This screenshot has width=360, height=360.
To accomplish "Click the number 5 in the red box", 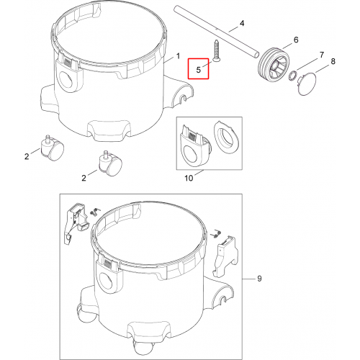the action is tap(198, 70).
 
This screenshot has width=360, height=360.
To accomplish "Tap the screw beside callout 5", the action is tap(216, 51).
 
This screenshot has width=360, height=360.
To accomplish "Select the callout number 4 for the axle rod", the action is tap(242, 23).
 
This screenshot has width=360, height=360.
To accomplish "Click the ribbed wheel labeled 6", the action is tap(274, 65).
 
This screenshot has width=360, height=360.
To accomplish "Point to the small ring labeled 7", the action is tap(292, 76).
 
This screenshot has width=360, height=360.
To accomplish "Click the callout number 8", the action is tap(333, 61).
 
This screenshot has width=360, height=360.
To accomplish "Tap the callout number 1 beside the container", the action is tap(178, 56).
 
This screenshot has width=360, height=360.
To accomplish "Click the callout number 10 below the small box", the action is tap(189, 178).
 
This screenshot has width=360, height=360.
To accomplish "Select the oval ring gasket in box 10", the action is tap(226, 138).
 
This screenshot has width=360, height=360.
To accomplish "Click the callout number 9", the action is tap(259, 279).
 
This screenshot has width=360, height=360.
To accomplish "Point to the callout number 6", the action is tap(296, 40).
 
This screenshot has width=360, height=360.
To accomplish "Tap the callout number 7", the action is tap(322, 55).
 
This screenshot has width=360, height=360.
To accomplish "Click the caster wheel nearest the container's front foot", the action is tap(110, 163).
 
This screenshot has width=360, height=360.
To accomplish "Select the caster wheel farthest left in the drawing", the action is tap(52, 148).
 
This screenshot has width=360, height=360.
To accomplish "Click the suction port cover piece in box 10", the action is tap(195, 146).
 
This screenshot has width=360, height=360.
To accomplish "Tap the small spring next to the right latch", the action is tap(217, 233).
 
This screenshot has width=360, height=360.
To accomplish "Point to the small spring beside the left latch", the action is tap(95, 212).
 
